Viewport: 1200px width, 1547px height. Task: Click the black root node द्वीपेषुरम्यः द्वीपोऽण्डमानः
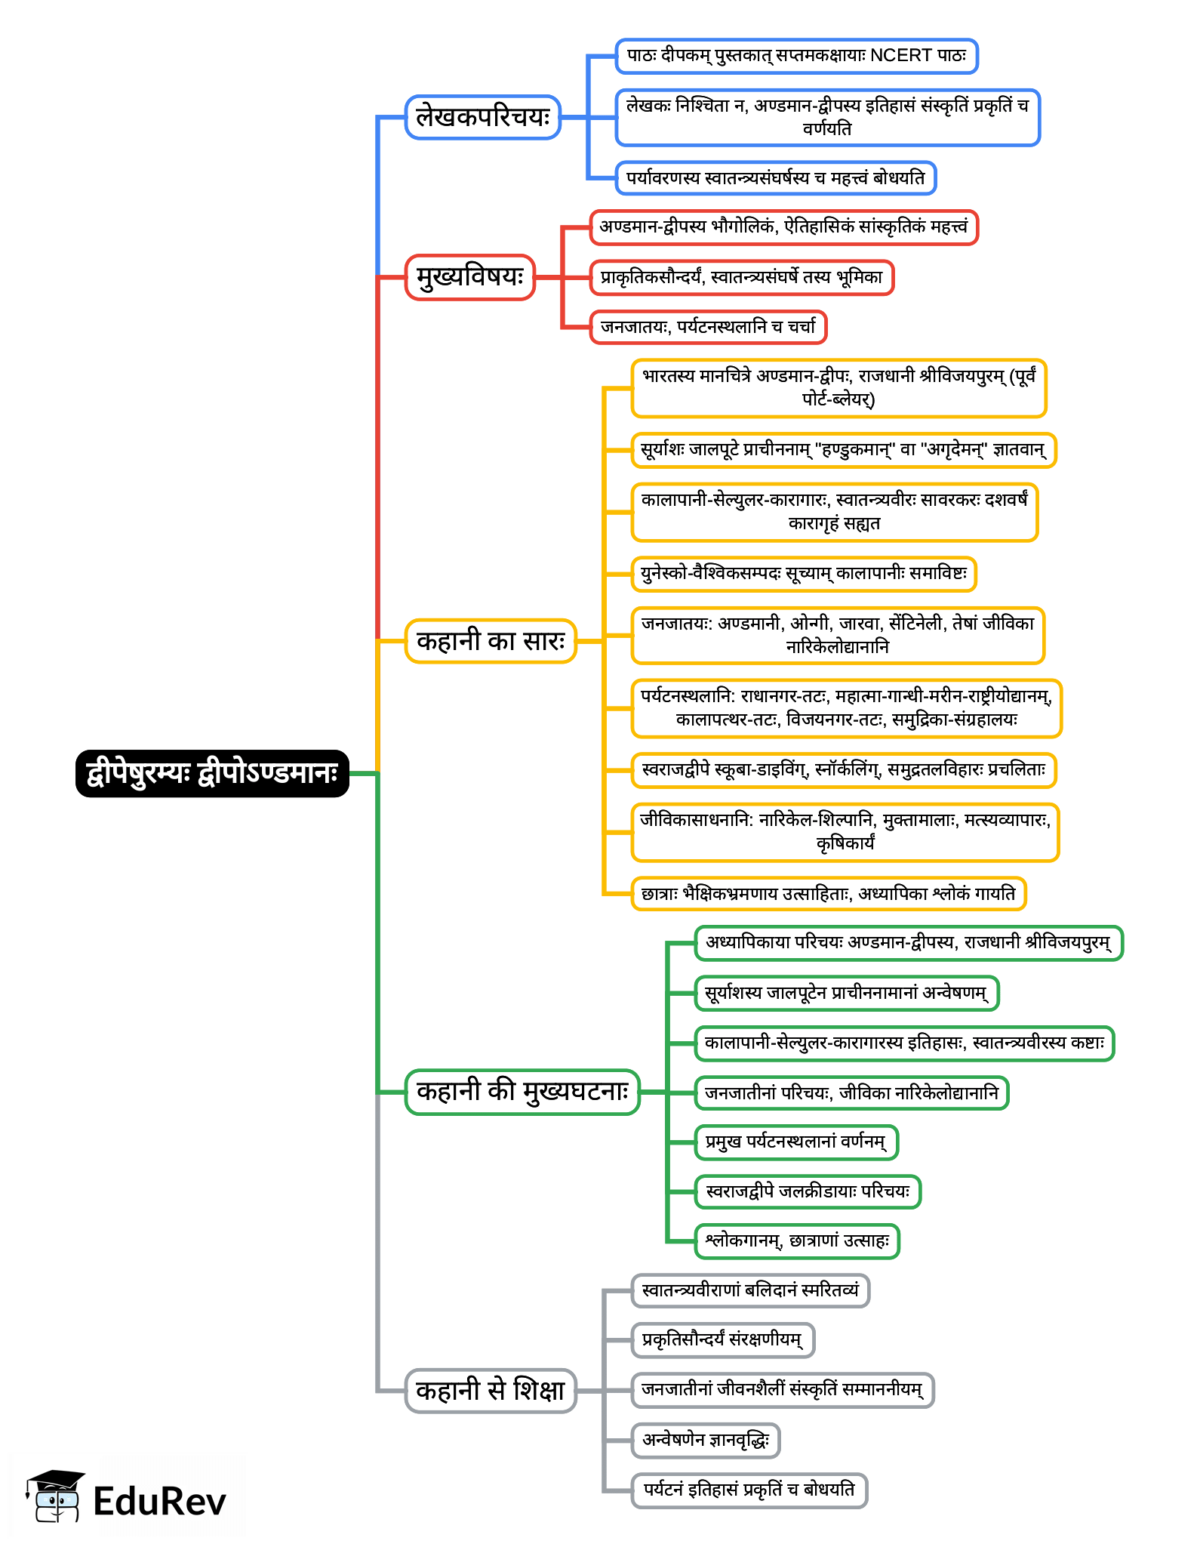[x=212, y=773]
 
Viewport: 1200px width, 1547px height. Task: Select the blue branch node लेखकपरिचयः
[x=483, y=117]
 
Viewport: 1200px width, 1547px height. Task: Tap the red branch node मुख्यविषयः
[x=470, y=277]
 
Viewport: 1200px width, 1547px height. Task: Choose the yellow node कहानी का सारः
[x=491, y=641]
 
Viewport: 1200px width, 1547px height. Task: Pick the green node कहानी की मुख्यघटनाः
[x=522, y=1092]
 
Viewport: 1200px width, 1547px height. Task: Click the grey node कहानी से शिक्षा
[x=491, y=1390]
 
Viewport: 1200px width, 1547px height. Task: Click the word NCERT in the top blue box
[x=901, y=56]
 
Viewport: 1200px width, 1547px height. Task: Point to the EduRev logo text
[x=159, y=1501]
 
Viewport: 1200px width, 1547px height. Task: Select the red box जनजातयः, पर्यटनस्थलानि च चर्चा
[x=708, y=327]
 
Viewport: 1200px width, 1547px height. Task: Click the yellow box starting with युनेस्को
[x=804, y=574]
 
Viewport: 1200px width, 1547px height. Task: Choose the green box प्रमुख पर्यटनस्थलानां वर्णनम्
[x=796, y=1142]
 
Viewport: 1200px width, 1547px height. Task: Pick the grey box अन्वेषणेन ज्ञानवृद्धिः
[x=706, y=1441]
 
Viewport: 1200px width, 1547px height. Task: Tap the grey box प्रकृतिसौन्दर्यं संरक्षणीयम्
[x=722, y=1340]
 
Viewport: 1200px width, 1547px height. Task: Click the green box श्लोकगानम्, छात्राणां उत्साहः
[x=797, y=1241]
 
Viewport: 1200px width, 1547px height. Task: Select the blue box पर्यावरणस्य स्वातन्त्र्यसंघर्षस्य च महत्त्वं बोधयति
[x=776, y=178]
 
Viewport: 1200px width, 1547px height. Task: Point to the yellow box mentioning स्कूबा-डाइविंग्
[x=843, y=770]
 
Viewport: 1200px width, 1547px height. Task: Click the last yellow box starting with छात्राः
[x=828, y=894]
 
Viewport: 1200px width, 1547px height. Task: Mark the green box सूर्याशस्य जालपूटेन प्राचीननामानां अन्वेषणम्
[x=846, y=993]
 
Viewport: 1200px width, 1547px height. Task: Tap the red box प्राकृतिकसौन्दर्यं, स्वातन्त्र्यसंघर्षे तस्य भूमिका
[x=741, y=277]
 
